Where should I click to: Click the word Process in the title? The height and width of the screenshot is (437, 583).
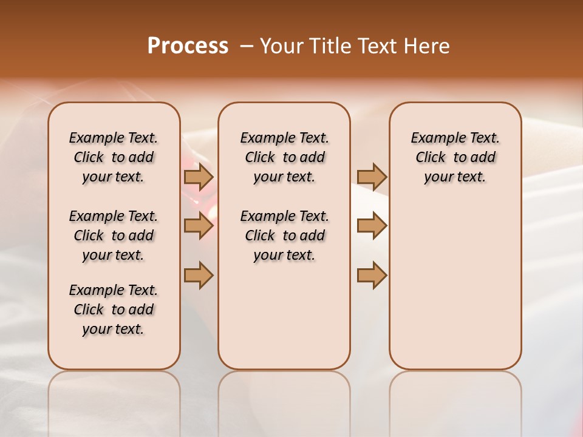[x=188, y=46]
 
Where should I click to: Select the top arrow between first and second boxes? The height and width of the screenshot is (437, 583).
[x=199, y=177]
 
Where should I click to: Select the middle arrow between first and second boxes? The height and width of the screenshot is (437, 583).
[x=199, y=226]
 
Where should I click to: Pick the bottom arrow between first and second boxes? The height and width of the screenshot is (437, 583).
[x=199, y=275]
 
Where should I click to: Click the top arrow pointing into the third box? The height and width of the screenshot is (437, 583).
[x=372, y=177]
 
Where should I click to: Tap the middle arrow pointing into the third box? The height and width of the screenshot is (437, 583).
[x=372, y=226]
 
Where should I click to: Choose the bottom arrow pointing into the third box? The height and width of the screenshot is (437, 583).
[x=372, y=275]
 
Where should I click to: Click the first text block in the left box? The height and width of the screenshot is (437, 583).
[x=114, y=157]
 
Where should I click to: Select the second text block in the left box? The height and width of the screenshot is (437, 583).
[x=114, y=235]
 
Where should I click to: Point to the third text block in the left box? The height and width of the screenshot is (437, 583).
[x=114, y=310]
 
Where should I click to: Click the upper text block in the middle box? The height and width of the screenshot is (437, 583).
[x=284, y=157]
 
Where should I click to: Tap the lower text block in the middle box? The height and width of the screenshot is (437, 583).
[x=284, y=235]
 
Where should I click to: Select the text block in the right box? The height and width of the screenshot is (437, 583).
[x=455, y=157]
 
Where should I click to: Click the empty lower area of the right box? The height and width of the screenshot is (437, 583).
[x=455, y=285]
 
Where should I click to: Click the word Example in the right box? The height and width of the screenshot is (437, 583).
[x=432, y=138]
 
